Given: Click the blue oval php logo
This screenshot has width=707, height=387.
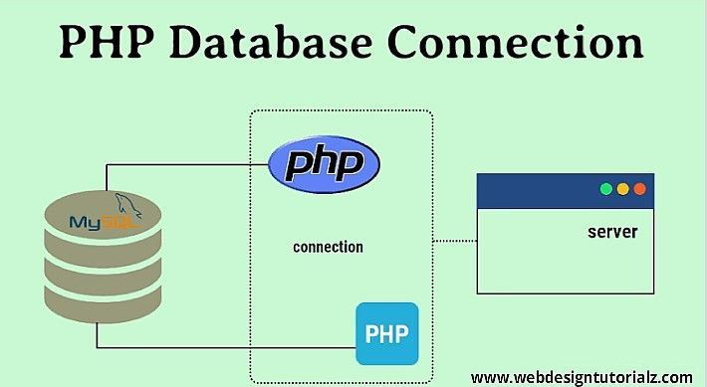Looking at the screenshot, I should [x=324, y=162].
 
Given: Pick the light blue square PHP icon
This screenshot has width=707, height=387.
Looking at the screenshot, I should [x=387, y=333].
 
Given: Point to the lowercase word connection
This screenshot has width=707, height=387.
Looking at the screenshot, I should [x=328, y=247].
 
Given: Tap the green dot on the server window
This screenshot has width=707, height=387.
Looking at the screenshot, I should [x=604, y=189].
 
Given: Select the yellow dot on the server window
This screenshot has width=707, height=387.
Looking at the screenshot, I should [x=622, y=189].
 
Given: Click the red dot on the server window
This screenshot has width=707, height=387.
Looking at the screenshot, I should [x=639, y=189].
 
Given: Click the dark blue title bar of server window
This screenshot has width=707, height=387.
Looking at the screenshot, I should [x=538, y=190].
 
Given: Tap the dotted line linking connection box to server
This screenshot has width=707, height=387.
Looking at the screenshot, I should [x=456, y=240].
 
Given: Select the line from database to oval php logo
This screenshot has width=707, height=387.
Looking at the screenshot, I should [x=189, y=163].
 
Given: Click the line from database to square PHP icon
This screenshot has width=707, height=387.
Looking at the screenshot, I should [x=229, y=347].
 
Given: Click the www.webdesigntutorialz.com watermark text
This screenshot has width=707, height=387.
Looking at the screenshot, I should [x=581, y=377].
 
